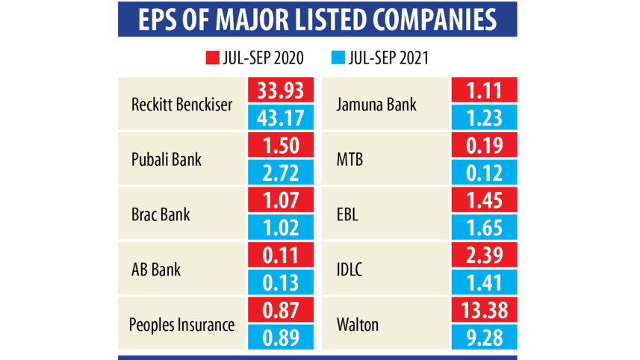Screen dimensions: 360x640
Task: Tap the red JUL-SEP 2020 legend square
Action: [210, 57]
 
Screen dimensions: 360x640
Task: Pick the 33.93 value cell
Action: [278, 90]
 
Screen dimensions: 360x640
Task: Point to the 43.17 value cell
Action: [278, 117]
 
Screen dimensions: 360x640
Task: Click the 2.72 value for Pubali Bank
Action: [278, 173]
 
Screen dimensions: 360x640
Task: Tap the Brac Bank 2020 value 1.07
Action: [278, 201]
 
